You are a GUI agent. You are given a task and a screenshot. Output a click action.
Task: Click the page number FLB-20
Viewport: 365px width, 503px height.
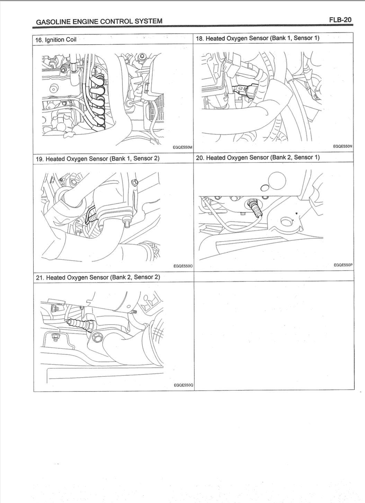[340, 20]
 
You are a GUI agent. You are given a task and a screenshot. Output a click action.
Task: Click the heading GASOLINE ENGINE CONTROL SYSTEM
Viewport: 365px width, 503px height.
[99, 21]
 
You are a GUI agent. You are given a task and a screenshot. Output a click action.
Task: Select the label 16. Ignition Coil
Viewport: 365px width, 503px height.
[56, 40]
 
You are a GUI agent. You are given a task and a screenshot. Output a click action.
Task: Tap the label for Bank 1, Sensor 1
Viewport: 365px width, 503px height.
[258, 38]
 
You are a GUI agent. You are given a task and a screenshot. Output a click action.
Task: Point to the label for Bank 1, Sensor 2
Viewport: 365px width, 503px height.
[98, 158]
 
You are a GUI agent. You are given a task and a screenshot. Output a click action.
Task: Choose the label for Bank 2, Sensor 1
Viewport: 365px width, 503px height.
[258, 157]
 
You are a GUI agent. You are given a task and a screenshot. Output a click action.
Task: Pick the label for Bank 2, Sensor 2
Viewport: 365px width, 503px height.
[98, 277]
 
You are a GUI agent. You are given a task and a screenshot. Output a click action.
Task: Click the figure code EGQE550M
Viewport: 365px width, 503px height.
[183, 147]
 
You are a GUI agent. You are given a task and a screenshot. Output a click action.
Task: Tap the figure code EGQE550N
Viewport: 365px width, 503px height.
[343, 146]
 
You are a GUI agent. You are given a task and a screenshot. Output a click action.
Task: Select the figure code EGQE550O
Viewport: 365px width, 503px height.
[183, 266]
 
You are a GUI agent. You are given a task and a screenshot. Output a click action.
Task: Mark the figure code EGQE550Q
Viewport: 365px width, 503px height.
[184, 385]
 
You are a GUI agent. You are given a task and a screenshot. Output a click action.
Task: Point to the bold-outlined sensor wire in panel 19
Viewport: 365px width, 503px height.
[90, 215]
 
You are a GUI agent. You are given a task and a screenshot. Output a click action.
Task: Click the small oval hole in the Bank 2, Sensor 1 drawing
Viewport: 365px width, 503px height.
[265, 188]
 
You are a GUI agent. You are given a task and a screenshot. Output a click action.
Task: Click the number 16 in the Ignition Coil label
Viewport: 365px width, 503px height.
[39, 40]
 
